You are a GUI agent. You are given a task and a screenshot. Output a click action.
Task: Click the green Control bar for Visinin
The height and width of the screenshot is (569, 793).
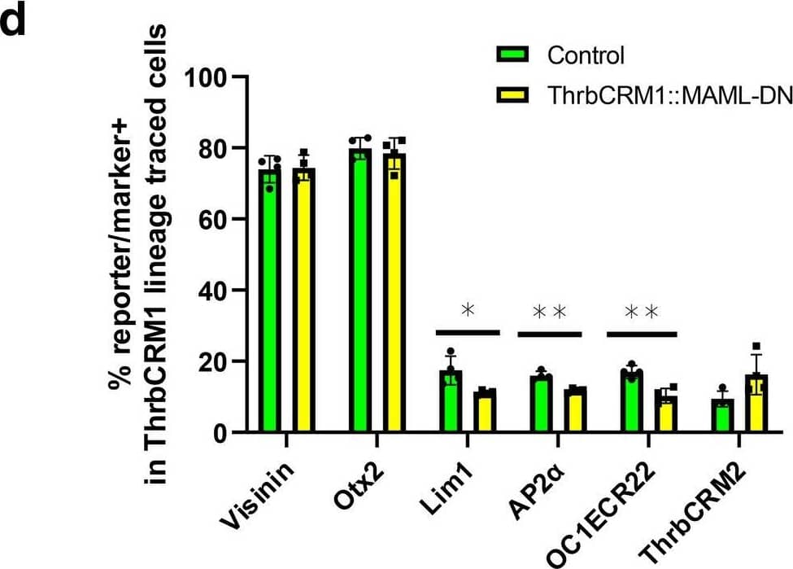pyautogui.click(x=269, y=301)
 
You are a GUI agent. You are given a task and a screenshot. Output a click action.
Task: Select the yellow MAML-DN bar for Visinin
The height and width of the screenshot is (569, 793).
pyautogui.click(x=305, y=301)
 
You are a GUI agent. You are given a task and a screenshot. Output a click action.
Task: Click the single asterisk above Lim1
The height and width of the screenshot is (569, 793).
pyautogui.click(x=467, y=310)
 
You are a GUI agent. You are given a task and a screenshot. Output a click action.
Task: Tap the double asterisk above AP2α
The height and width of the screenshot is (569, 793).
pyautogui.click(x=549, y=312)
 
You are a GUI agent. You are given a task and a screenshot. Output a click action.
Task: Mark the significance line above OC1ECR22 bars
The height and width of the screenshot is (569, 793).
pyautogui.click(x=642, y=333)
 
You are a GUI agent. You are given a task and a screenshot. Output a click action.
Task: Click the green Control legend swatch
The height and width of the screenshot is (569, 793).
pyautogui.click(x=513, y=55)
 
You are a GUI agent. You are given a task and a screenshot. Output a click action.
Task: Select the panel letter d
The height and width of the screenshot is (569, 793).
pyautogui.click(x=16, y=20)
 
